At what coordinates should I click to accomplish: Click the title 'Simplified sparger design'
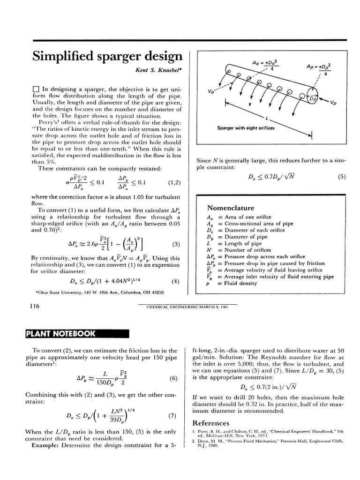point(107,57)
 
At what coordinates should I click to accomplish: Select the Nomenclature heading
point(231,208)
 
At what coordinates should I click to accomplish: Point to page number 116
point(33,307)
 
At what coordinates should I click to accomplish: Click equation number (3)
point(176,244)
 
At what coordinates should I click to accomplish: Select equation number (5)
point(341,177)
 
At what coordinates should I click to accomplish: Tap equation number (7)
point(172,415)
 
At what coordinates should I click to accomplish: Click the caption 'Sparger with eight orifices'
point(246,128)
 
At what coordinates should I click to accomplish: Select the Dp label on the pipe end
point(312,99)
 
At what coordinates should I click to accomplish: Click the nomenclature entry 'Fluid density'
point(242,283)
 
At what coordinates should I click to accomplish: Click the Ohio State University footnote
point(100,292)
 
